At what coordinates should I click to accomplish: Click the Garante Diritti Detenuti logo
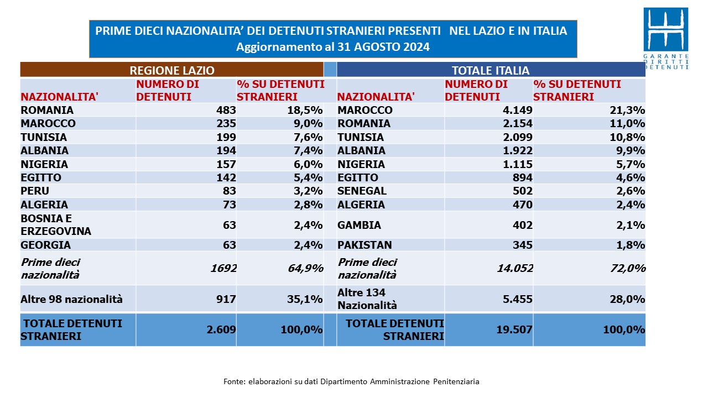pyautogui.click(x=665, y=39)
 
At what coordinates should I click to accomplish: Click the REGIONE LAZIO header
pyautogui.click(x=172, y=70)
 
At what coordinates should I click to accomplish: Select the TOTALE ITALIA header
pyautogui.click(x=491, y=70)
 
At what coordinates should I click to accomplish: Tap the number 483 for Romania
pyautogui.click(x=226, y=110)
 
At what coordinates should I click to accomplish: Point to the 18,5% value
pyautogui.click(x=305, y=110)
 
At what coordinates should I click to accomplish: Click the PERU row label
pyautogui.click(x=35, y=191)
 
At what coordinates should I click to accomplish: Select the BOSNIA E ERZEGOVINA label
pyautogui.click(x=56, y=224)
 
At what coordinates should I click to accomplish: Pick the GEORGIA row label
pyautogui.click(x=45, y=245)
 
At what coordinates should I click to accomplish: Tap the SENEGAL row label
pyautogui.click(x=362, y=191)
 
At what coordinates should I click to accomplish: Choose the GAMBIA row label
pyautogui.click(x=359, y=225)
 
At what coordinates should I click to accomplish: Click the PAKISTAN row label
pyautogui.click(x=365, y=245)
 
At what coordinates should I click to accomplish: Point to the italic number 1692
pyautogui.click(x=223, y=268)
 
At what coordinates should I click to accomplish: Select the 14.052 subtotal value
pyautogui.click(x=515, y=268)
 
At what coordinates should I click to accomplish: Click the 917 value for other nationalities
pyautogui.click(x=226, y=299)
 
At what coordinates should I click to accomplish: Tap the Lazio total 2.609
pyautogui.click(x=221, y=329)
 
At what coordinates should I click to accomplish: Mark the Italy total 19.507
pyautogui.click(x=514, y=329)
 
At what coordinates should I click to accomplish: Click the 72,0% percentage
pyautogui.click(x=628, y=268)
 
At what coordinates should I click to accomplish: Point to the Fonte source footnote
pyautogui.click(x=351, y=381)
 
